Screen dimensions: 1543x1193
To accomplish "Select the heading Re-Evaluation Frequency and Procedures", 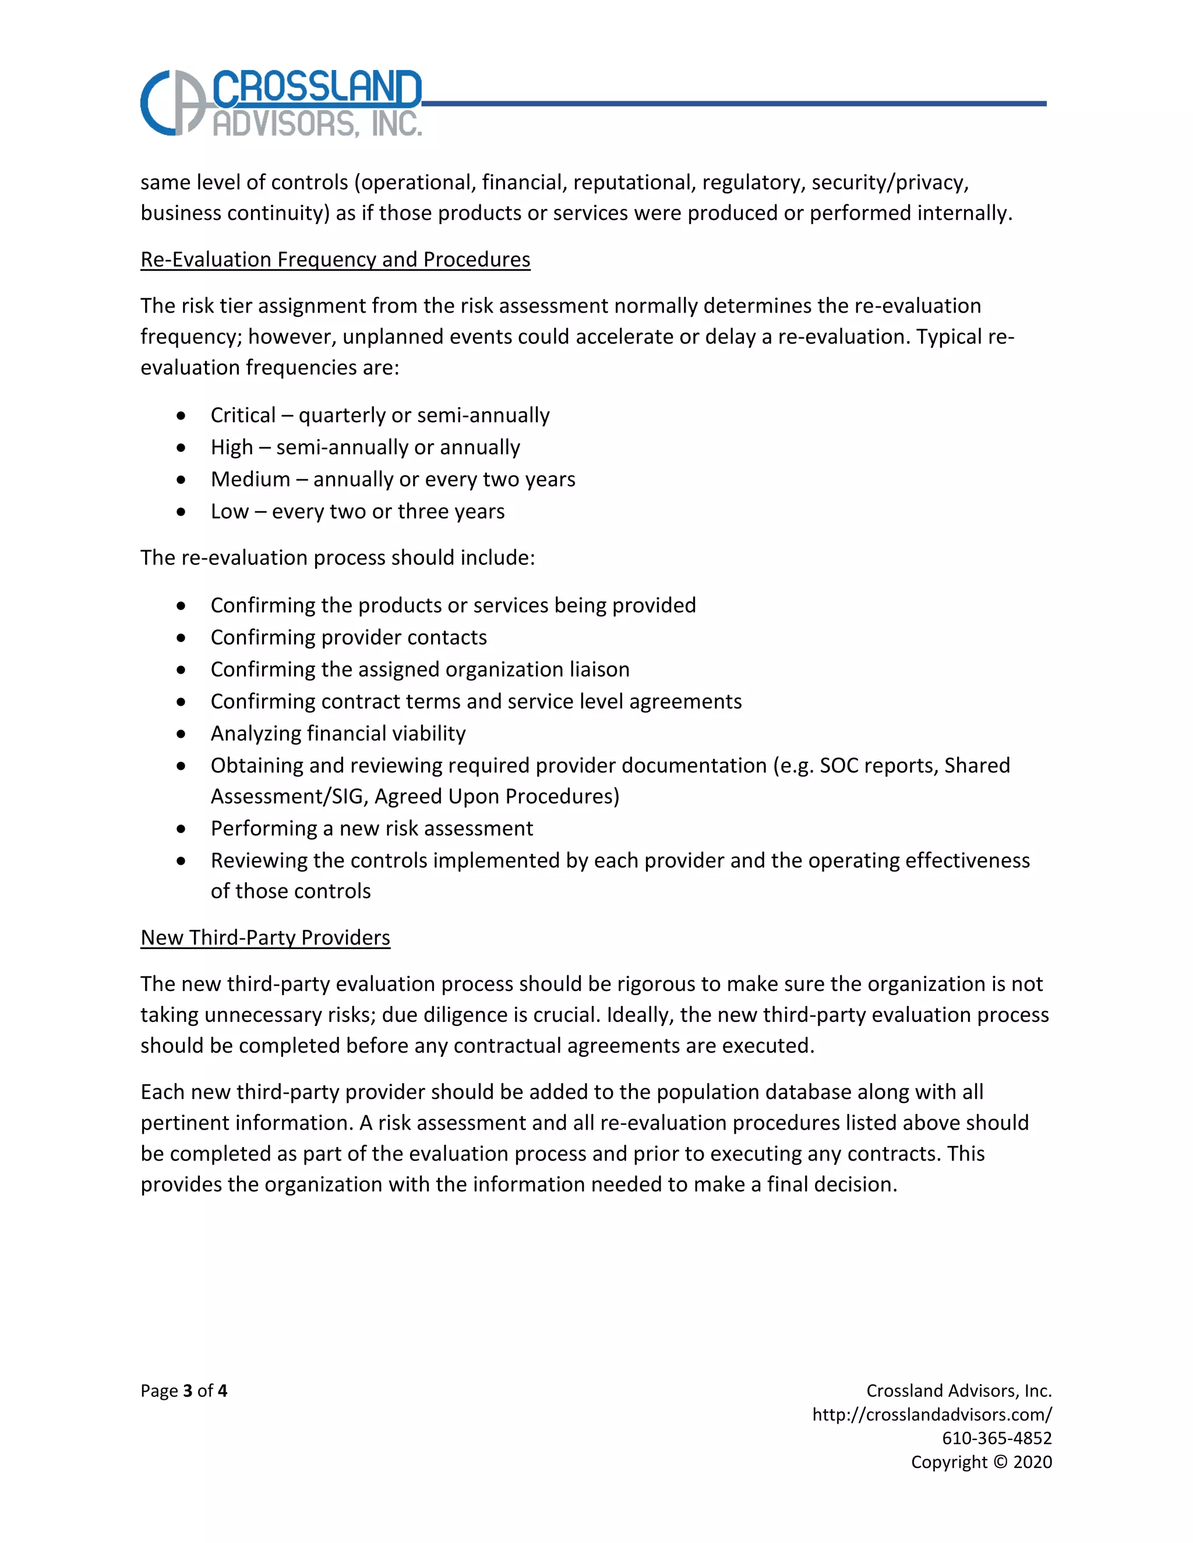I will (335, 259).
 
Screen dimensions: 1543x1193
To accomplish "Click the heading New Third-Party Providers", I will (265, 937).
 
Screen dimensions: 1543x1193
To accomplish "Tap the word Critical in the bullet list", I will (243, 415).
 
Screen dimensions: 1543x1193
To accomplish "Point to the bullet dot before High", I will (182, 448).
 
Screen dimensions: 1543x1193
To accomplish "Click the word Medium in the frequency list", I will (250, 480).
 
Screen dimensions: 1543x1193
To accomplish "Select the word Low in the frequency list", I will (230, 511).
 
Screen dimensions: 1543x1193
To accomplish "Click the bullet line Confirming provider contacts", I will (348, 637).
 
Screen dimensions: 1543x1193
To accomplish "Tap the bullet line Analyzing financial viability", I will (338, 733).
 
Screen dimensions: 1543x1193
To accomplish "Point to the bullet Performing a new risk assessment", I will (372, 829).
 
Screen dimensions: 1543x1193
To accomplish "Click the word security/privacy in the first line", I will (889, 183).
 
